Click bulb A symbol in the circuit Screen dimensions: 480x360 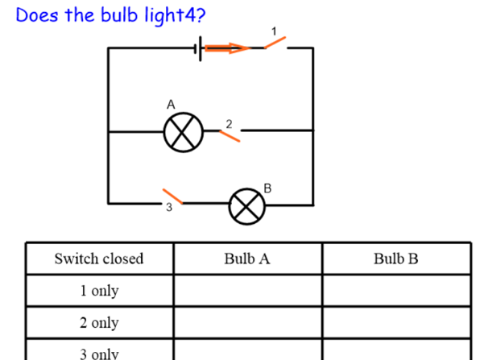[184, 132]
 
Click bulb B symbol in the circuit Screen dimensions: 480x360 [246, 206]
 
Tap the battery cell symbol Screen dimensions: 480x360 [198, 48]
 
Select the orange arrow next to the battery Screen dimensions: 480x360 [227, 48]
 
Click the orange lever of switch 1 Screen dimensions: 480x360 [275, 43]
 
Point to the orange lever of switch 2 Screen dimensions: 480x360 [230, 136]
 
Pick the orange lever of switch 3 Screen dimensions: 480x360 [172, 197]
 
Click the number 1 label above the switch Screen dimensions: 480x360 [274, 31]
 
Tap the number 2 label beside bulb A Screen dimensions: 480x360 [229, 124]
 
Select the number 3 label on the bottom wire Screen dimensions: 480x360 [169, 207]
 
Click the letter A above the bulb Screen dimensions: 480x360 [171, 105]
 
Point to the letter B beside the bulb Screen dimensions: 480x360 [267, 188]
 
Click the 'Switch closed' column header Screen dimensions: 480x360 [99, 259]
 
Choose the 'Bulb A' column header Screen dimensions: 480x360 [247, 259]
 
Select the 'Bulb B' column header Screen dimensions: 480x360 [395, 259]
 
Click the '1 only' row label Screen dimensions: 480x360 [99, 291]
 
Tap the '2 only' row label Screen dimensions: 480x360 [99, 323]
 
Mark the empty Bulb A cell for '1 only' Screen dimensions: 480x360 [248, 291]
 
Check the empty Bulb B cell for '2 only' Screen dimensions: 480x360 [397, 323]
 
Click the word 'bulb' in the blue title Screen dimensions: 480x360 [119, 14]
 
